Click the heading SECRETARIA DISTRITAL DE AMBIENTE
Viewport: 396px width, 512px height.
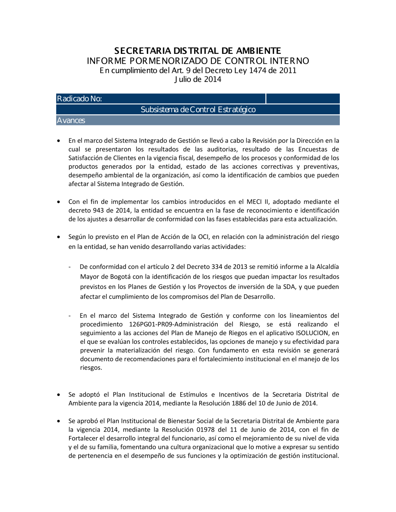[x=198, y=51]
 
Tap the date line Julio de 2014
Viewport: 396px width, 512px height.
[x=198, y=79]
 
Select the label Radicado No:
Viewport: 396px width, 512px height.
[x=79, y=99]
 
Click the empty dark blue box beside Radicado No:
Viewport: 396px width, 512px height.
[x=303, y=99]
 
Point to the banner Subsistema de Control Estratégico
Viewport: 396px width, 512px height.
[x=198, y=110]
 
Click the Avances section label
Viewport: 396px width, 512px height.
[x=71, y=120]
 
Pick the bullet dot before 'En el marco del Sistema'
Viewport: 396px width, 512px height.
[x=59, y=140]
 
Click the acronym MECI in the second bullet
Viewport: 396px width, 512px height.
[x=254, y=202]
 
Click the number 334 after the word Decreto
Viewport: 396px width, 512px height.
[x=212, y=267]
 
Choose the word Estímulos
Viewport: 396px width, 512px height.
[x=193, y=394]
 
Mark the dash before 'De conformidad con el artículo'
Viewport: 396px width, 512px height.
[x=70, y=267]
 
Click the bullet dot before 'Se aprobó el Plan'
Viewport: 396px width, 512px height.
[x=59, y=421]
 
